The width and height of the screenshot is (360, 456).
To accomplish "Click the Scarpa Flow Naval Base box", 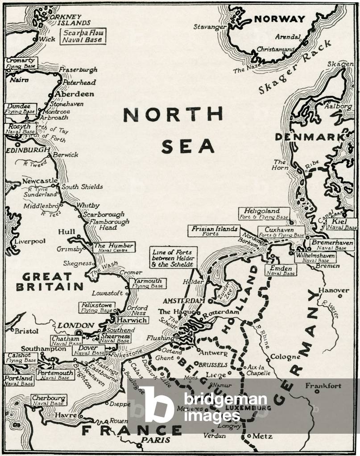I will pyautogui.click(x=83, y=36).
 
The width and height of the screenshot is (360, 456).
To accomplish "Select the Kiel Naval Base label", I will pyautogui.click(x=342, y=224).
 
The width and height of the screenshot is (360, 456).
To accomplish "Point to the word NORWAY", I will pyautogui.click(x=280, y=19).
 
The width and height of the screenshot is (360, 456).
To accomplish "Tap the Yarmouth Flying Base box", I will pyautogui.click(x=148, y=283).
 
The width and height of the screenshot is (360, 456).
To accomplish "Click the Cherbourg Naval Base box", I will pyautogui.click(x=49, y=400).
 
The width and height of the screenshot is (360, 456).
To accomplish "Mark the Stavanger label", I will pyautogui.click(x=209, y=27).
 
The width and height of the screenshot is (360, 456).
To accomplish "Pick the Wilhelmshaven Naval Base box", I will pyautogui.click(x=315, y=257).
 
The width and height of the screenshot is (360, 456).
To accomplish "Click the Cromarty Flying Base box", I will pyautogui.click(x=21, y=62).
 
